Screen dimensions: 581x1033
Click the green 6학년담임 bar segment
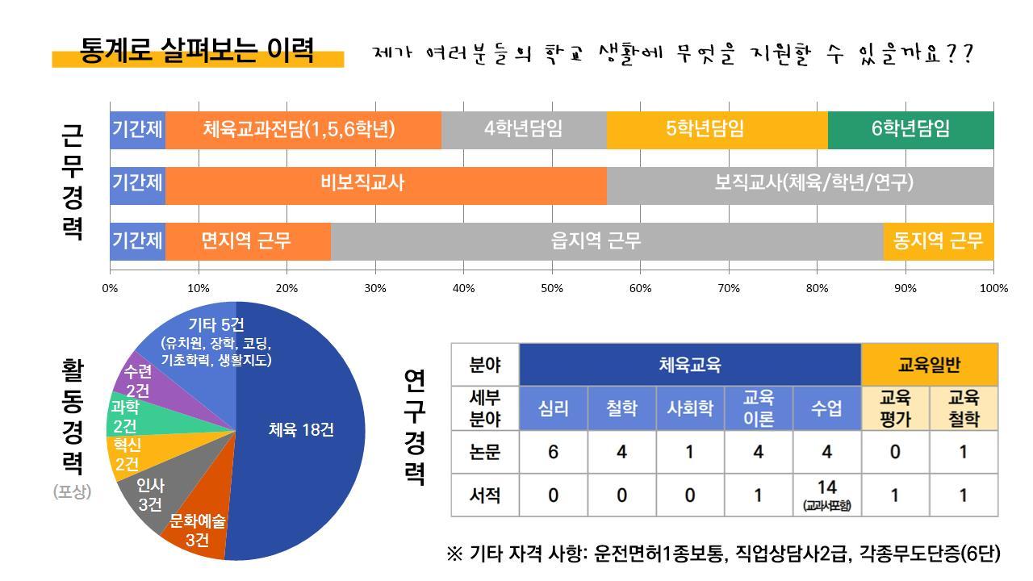click(910, 129)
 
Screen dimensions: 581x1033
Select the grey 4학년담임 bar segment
click(524, 129)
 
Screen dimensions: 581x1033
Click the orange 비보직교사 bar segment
click(386, 184)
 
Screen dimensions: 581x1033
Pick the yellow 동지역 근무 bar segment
click(938, 240)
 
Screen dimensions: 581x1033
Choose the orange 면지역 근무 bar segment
click(247, 240)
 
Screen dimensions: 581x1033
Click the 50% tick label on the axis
click(551, 288)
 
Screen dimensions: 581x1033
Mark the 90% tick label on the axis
click(905, 288)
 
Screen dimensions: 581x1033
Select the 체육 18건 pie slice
click(300, 430)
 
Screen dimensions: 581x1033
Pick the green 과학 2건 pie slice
click(126, 416)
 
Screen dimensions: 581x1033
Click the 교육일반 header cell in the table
click(929, 365)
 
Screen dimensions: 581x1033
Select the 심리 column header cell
click(553, 408)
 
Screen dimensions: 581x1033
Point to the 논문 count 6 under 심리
click(553, 452)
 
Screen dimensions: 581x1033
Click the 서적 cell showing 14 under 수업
click(826, 494)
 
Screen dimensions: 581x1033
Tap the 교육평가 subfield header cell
click(895, 408)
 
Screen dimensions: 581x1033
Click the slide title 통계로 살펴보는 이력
click(197, 50)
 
